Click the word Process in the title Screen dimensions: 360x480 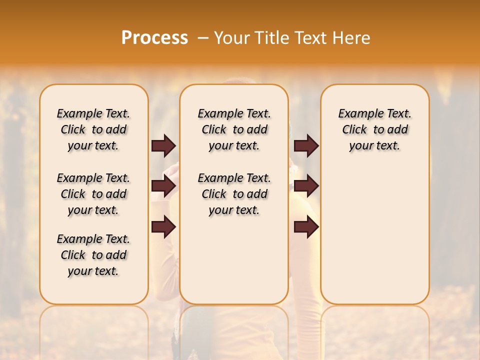(x=154, y=38)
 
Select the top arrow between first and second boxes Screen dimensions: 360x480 (x=163, y=145)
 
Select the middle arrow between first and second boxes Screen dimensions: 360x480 (x=163, y=186)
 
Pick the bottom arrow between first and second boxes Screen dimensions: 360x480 (x=163, y=227)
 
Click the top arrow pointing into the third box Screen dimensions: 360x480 (x=306, y=145)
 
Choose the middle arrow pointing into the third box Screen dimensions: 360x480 (x=306, y=186)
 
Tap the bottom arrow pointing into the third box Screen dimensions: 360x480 (x=306, y=227)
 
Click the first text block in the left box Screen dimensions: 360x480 (x=93, y=129)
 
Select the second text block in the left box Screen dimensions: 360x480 (x=93, y=194)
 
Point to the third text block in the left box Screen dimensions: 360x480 (x=93, y=255)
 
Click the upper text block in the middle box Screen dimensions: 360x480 (x=234, y=129)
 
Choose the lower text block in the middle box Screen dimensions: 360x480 (x=234, y=194)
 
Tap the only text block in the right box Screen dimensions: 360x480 (x=374, y=129)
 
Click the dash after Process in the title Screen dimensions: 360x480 (x=203, y=38)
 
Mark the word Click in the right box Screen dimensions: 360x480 (x=354, y=130)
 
